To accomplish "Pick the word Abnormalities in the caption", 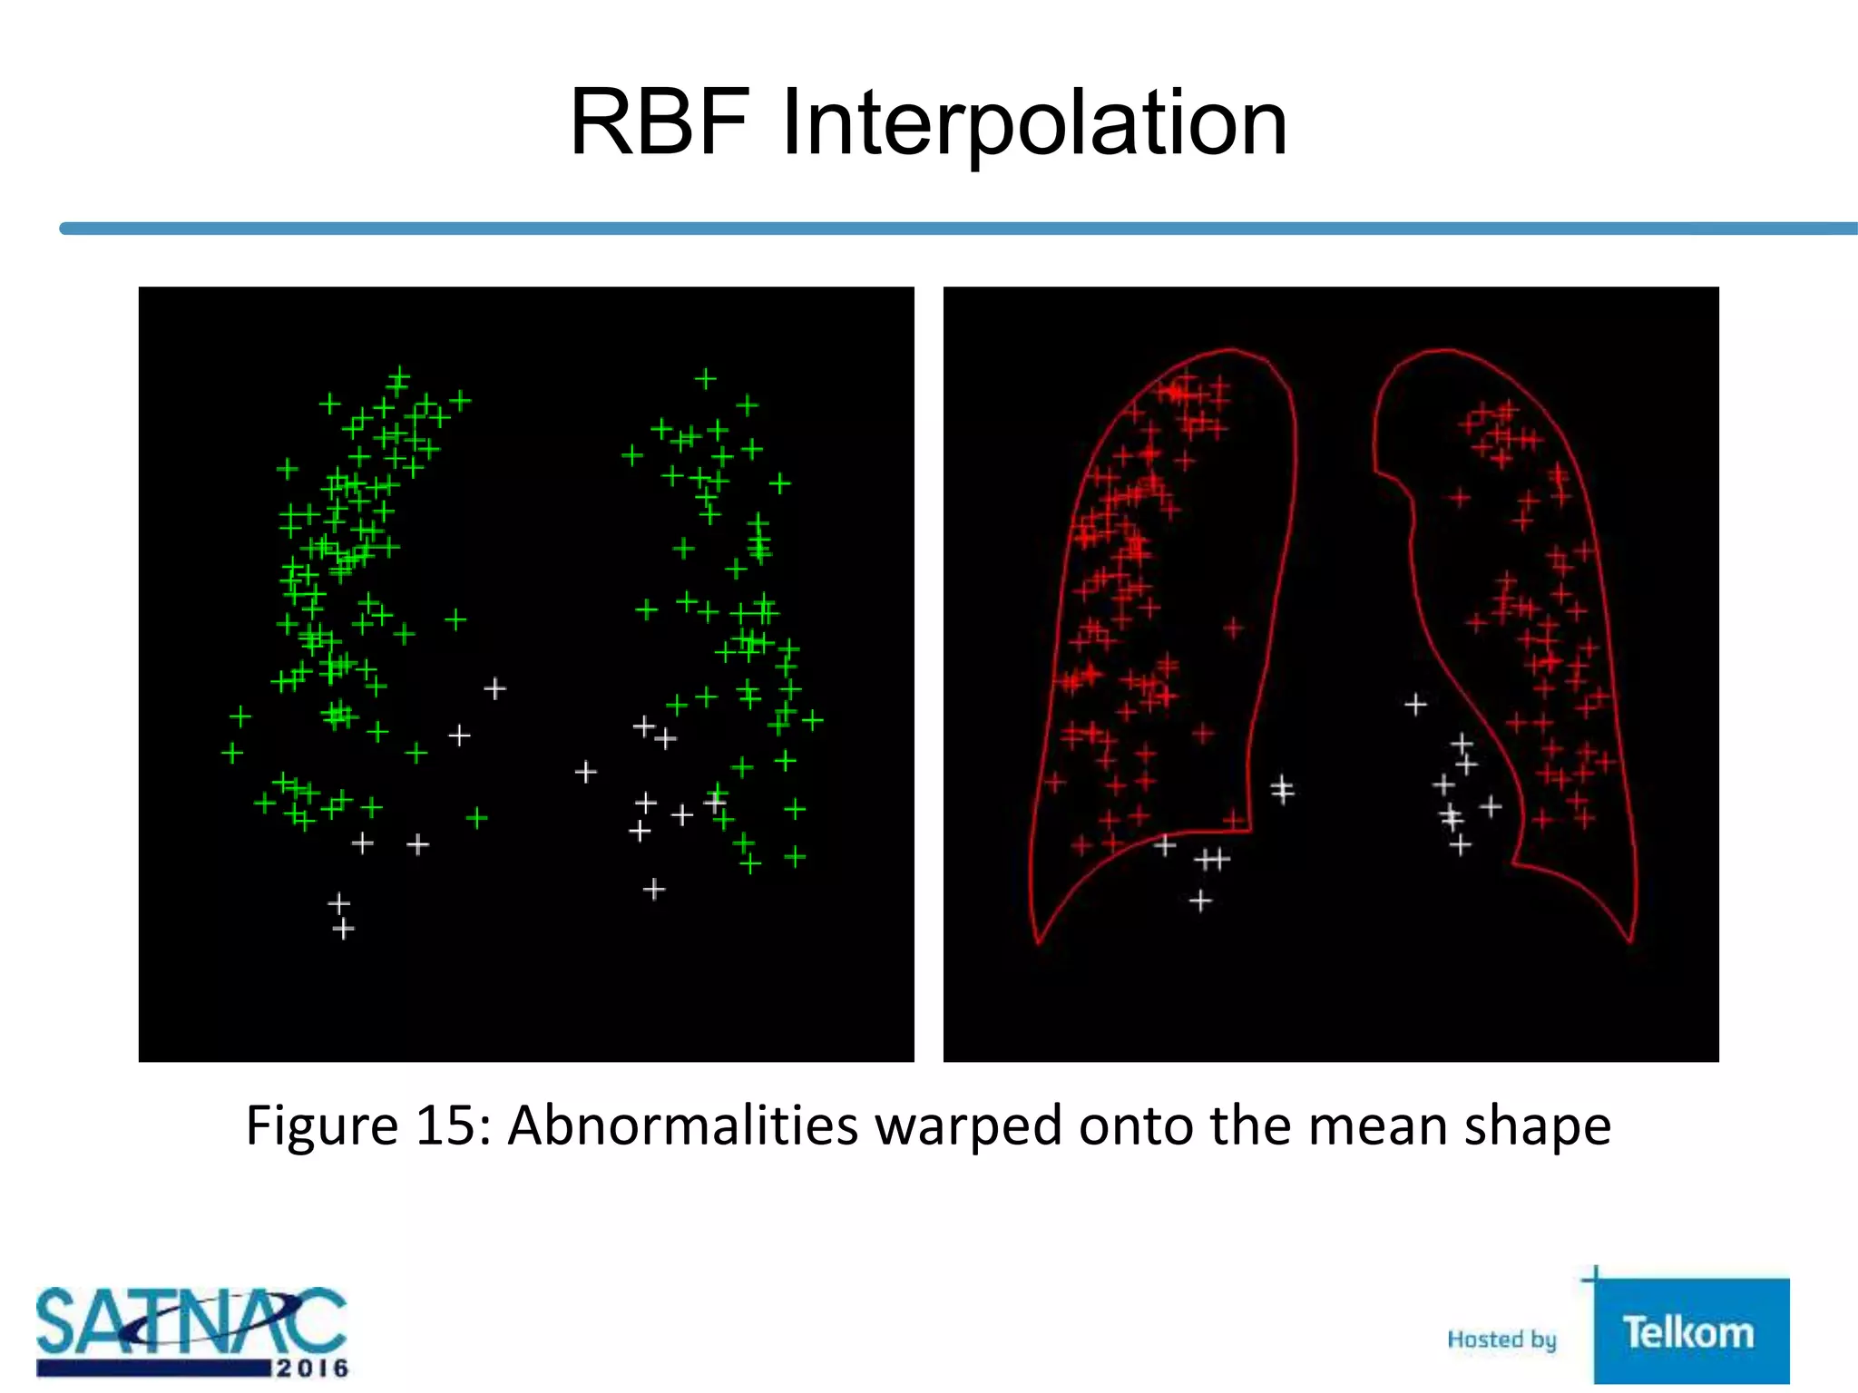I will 682,1126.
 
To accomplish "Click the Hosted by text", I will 1501,1339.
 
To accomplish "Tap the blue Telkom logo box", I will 1690,1331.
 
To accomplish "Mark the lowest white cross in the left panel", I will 343,929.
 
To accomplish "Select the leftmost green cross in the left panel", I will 232,753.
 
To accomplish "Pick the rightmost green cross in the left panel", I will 813,721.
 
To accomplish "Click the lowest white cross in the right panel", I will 1200,901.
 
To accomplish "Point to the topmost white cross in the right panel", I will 1415,704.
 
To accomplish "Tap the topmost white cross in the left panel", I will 494,689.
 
